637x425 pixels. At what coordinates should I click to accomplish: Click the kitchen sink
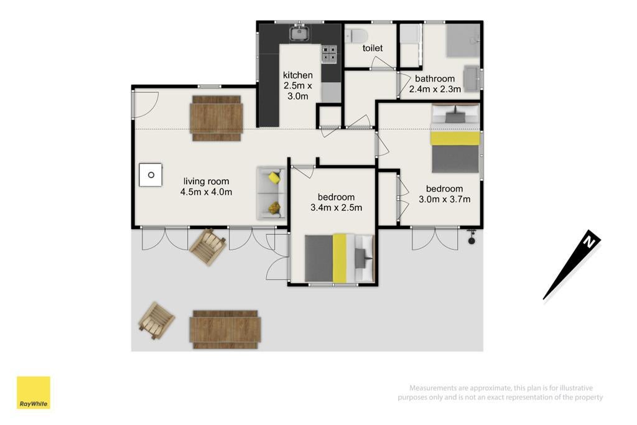click(x=299, y=34)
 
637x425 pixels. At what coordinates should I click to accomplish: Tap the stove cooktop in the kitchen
click(x=329, y=54)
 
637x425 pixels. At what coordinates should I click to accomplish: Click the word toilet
click(x=373, y=48)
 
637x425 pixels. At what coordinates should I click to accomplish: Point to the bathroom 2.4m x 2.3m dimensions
click(x=435, y=90)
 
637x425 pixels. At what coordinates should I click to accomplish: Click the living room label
click(x=206, y=181)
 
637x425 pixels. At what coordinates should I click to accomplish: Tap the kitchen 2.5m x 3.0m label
click(x=298, y=86)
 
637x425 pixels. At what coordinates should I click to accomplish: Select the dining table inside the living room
click(x=216, y=118)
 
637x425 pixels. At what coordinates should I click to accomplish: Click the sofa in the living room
click(x=272, y=193)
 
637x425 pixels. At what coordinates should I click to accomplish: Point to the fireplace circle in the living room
click(x=151, y=175)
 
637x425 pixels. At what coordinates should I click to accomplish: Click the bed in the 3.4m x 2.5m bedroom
click(x=339, y=258)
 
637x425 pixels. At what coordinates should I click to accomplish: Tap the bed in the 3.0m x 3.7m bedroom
click(x=455, y=139)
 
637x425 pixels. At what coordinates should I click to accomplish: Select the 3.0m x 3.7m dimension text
click(x=444, y=199)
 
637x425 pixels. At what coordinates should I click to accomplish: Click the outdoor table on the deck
click(x=225, y=330)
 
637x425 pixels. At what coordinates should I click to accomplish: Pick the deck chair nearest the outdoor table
click(x=156, y=320)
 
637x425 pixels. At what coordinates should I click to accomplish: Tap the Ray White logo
click(x=34, y=393)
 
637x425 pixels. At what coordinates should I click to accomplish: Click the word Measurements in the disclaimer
click(x=434, y=388)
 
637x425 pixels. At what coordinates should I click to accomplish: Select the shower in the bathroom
click(x=463, y=40)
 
